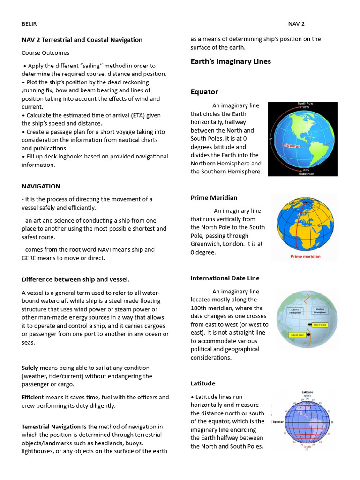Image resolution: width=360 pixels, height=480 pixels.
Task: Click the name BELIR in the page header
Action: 29,24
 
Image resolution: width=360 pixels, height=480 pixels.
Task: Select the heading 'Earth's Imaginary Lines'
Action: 231,61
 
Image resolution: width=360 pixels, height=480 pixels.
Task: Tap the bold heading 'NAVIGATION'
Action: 41,186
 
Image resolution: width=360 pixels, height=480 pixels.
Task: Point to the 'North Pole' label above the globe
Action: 306,103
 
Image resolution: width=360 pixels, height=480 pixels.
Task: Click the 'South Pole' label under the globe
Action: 306,173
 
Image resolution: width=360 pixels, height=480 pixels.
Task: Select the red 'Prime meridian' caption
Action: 305,256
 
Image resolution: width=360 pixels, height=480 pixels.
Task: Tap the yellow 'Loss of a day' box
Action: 320,324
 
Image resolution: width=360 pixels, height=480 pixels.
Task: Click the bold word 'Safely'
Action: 30,367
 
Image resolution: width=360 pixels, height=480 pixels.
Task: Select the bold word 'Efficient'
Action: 33,397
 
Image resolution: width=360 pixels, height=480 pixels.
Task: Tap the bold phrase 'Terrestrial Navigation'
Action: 51,427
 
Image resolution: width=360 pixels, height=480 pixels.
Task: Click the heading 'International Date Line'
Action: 225,278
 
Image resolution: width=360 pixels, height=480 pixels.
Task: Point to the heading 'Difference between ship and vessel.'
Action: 75,279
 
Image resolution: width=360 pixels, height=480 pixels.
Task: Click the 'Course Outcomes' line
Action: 45,53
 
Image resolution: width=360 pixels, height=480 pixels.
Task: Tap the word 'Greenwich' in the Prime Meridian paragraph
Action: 206,244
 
